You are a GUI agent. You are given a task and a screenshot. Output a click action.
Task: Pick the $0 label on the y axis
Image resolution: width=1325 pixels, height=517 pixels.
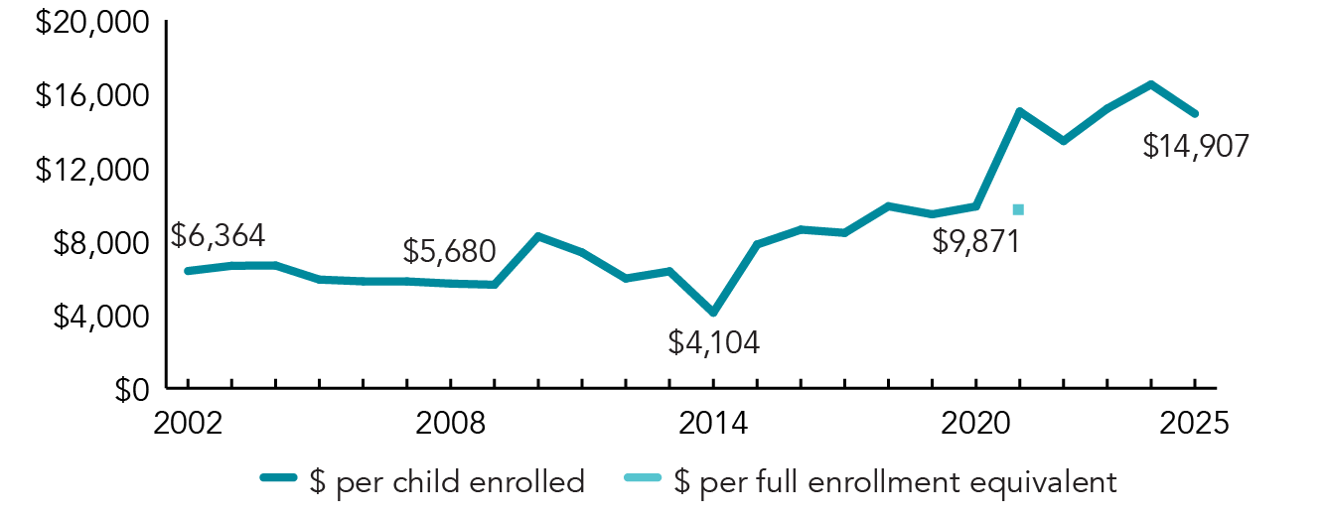click(x=125, y=389)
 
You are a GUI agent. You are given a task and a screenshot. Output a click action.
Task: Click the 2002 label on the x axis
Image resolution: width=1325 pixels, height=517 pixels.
click(x=187, y=422)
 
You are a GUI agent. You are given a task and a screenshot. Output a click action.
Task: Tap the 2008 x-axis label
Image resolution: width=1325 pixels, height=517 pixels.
click(x=451, y=422)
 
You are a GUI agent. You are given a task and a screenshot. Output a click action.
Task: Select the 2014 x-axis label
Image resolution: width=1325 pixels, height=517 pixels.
click(x=713, y=422)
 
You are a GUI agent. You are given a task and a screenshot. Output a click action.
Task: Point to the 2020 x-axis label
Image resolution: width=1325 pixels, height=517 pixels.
click(x=976, y=422)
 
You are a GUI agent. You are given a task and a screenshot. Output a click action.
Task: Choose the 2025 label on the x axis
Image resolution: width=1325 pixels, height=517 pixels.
click(x=1195, y=422)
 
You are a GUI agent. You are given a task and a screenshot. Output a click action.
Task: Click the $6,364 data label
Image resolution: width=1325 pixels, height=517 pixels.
click(x=217, y=236)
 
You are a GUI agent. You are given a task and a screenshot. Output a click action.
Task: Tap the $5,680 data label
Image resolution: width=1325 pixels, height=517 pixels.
click(x=450, y=252)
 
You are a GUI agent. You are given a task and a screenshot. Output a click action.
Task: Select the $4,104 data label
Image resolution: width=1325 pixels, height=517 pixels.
click(x=713, y=343)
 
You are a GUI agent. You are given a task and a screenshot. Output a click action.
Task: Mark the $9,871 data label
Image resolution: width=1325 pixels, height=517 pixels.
click(x=976, y=241)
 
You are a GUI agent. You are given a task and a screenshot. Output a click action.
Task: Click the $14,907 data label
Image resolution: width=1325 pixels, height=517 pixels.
click(x=1195, y=147)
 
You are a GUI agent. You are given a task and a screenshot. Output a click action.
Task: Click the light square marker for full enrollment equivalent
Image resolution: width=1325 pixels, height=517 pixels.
click(x=1018, y=209)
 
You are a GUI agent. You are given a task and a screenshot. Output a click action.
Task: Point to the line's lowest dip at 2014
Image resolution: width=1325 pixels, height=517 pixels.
click(x=713, y=313)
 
